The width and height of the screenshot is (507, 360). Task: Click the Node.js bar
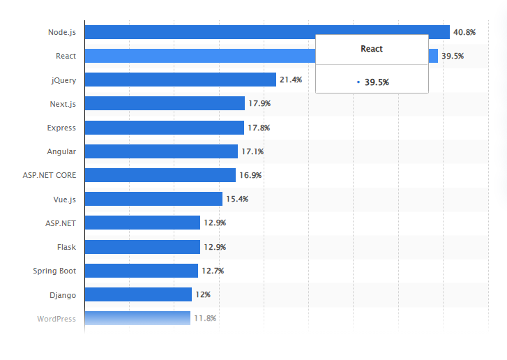click(x=267, y=32)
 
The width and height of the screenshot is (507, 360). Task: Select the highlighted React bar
click(x=199, y=56)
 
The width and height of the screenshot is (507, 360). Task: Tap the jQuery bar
click(x=181, y=80)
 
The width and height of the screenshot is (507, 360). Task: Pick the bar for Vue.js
click(x=153, y=199)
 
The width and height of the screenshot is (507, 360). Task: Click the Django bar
click(x=138, y=294)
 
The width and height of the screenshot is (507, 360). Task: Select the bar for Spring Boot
click(x=142, y=271)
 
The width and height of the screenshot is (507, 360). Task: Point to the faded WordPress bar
click(x=137, y=318)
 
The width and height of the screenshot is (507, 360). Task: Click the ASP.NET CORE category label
click(x=50, y=175)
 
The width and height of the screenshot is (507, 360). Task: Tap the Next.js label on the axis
click(x=63, y=104)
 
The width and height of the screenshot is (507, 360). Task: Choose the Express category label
click(x=61, y=128)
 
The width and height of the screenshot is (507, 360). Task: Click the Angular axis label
click(x=61, y=151)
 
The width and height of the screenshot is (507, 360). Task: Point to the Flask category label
click(x=66, y=247)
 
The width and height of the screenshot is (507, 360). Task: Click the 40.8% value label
click(x=464, y=32)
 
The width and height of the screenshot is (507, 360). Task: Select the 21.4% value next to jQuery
click(x=291, y=80)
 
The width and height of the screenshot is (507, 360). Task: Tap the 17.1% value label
click(x=252, y=151)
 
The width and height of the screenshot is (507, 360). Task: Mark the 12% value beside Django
click(x=203, y=294)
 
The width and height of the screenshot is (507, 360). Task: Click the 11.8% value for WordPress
click(x=205, y=318)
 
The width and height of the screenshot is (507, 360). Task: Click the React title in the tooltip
click(x=371, y=49)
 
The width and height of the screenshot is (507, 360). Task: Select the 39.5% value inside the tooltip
click(x=376, y=82)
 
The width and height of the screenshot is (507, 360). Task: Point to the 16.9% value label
click(x=250, y=175)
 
